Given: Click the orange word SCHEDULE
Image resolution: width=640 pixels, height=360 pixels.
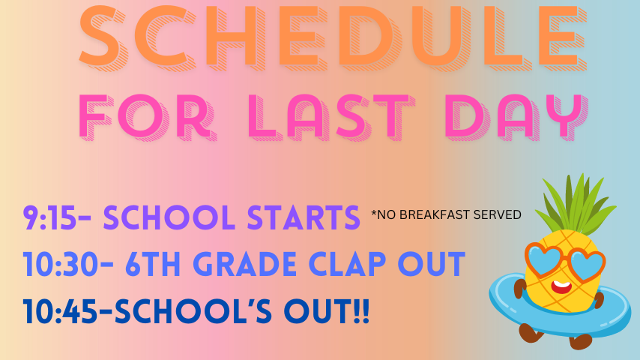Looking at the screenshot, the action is (x=333, y=36).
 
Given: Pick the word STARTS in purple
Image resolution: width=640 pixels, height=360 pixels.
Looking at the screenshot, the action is (x=304, y=217).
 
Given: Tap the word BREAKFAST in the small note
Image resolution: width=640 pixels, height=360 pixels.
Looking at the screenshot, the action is (x=434, y=214).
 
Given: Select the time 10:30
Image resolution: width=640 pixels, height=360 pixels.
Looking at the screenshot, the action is (x=61, y=264).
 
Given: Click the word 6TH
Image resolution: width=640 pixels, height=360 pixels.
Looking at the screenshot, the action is (x=153, y=264).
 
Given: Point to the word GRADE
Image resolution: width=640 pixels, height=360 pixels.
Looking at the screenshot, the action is (x=245, y=264).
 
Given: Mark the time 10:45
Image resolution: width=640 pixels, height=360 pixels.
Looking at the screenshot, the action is (x=60, y=311).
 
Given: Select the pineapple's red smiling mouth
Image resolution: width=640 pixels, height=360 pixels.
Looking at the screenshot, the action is (x=561, y=287).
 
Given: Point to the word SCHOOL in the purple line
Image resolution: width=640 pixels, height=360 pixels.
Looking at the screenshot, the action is (x=169, y=217).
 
